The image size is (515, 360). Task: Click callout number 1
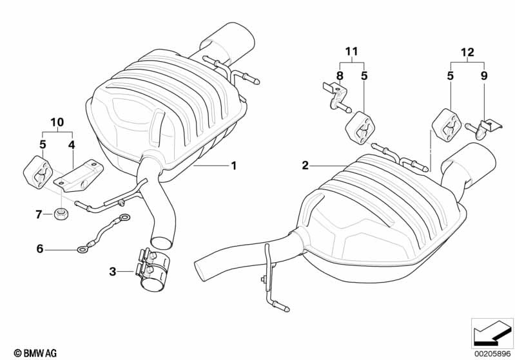[x=234, y=166]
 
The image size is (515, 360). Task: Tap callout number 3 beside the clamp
[x=112, y=272]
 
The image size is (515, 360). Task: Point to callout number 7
[x=39, y=213]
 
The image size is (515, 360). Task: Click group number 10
[x=57, y=121]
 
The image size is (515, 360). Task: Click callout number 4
[x=72, y=144]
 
